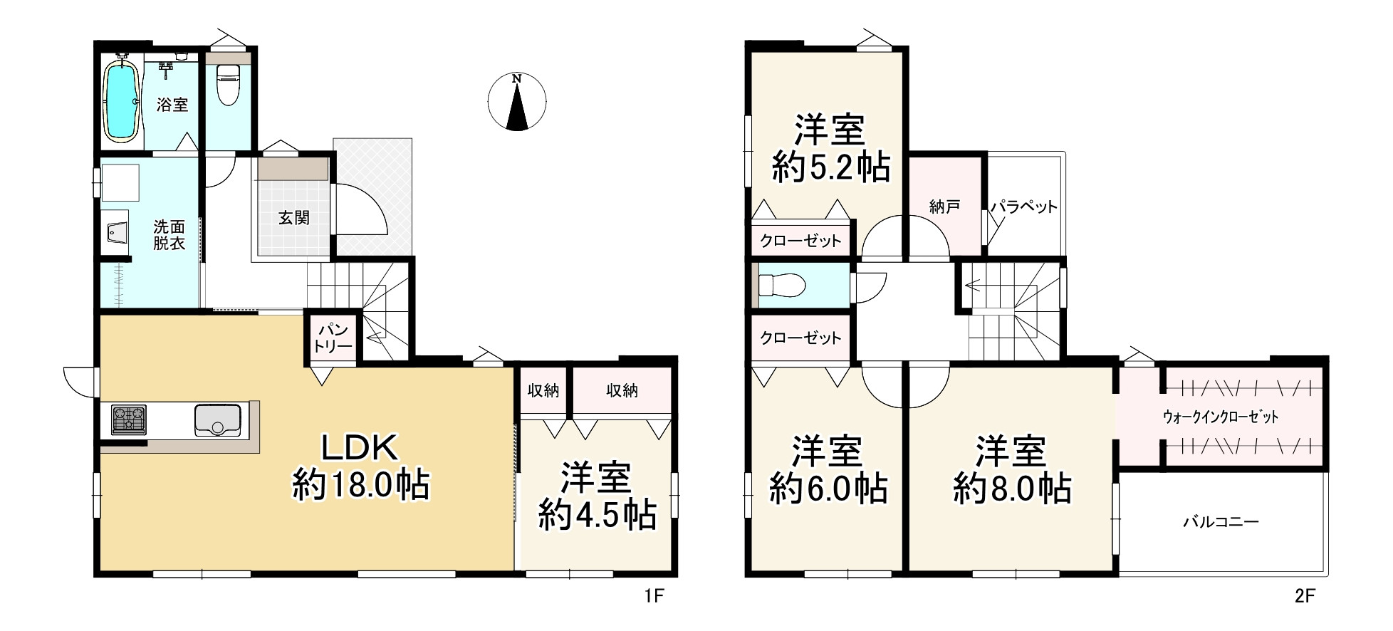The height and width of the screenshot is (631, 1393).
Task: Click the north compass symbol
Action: pos(518,101)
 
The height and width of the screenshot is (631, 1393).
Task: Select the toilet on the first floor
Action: pos(228,84)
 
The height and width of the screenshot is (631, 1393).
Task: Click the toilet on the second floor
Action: pos(781,285)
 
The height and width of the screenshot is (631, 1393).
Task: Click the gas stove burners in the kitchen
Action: pos(128,419)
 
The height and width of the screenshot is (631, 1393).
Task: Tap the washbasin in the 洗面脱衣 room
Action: pos(116,232)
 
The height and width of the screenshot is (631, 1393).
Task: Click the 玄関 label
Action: pos(293,217)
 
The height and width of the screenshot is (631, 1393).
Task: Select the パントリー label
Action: pos(333,338)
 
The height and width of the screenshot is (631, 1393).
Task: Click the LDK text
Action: pos(360,449)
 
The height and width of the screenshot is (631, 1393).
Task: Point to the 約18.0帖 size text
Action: pos(360,486)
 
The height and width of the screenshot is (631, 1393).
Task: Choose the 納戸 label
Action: pos(944,207)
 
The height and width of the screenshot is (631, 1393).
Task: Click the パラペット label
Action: pos(1024,207)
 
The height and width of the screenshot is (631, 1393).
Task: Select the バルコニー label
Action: pos(1221,522)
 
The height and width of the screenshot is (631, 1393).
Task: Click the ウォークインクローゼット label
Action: pos(1221,417)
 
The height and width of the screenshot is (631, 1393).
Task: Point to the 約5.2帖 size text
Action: pos(830,168)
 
